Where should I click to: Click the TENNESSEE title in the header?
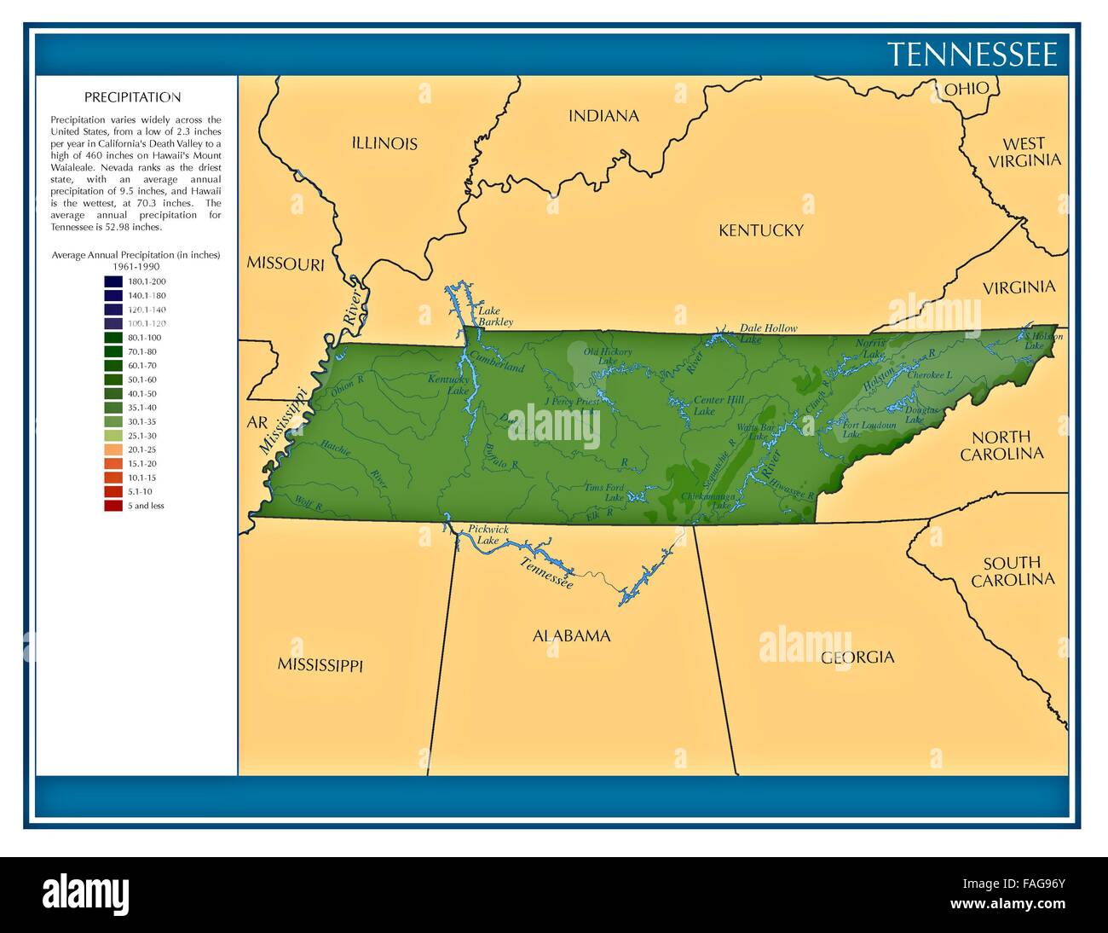tap(972, 55)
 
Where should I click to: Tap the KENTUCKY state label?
tap(760, 230)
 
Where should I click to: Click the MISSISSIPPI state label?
tap(320, 664)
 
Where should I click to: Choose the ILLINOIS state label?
tap(384, 143)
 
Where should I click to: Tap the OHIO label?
tap(967, 88)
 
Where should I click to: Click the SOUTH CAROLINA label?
tap(1012, 571)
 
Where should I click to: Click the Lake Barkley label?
tap(494, 316)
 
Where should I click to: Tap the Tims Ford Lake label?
tap(603, 492)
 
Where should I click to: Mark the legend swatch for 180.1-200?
tap(113, 281)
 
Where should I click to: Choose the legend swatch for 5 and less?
tap(113, 506)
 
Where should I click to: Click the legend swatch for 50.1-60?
tap(113, 380)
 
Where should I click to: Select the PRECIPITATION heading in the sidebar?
tap(132, 97)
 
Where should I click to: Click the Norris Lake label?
tap(870, 347)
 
